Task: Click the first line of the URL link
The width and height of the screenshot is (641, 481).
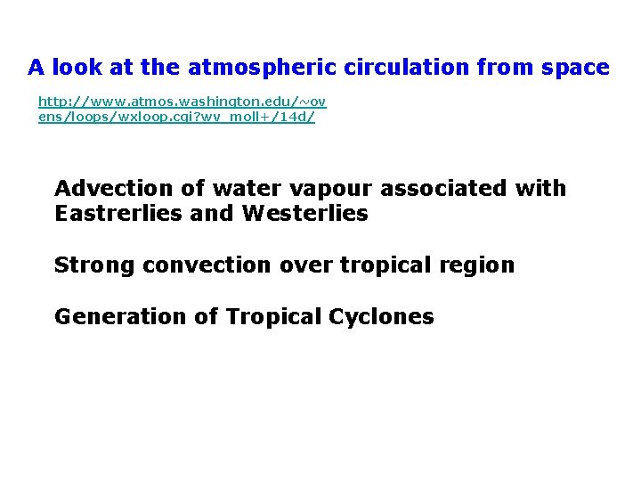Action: click(182, 102)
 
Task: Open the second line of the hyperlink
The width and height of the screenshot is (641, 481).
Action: click(176, 117)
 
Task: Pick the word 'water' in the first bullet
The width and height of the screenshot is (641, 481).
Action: click(236, 189)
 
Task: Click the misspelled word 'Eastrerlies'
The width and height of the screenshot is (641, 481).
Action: click(118, 214)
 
